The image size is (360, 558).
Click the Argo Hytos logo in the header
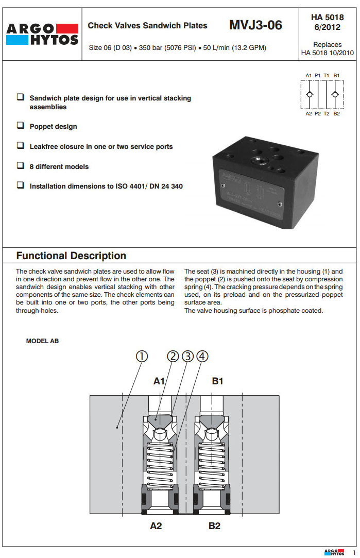(x=42, y=33)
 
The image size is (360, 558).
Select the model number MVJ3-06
(x=255, y=25)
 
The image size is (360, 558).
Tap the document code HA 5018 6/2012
(x=327, y=22)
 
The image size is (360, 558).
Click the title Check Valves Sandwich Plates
(x=147, y=25)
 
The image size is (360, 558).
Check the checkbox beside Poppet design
(x=20, y=125)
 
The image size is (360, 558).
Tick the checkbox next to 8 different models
(x=20, y=166)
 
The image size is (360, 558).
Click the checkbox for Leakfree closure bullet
(x=20, y=146)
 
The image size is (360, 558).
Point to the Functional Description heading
(x=71, y=256)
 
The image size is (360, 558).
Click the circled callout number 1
(x=142, y=356)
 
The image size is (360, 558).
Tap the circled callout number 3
(x=187, y=356)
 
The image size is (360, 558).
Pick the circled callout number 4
(x=202, y=356)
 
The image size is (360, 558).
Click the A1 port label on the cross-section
(x=159, y=381)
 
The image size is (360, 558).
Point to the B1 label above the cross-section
(x=218, y=381)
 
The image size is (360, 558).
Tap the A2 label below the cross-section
(x=156, y=526)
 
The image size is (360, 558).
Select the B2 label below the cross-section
(x=215, y=526)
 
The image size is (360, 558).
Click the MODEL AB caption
(x=42, y=341)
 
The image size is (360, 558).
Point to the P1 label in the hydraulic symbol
(x=318, y=75)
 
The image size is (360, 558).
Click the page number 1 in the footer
(x=354, y=552)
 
